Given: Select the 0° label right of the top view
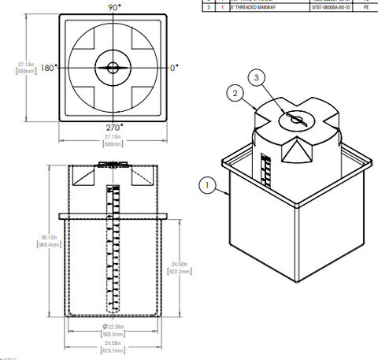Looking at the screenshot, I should (x=176, y=69).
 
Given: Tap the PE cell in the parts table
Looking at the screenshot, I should (x=365, y=7).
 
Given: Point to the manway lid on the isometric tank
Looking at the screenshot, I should (x=295, y=118).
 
